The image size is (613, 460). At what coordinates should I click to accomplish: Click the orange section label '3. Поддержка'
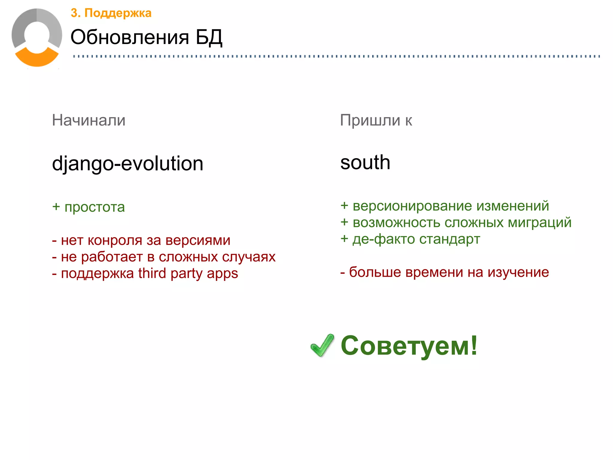point(111,13)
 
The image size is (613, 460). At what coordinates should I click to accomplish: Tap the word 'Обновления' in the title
point(130,37)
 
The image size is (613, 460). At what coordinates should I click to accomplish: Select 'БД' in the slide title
point(209,37)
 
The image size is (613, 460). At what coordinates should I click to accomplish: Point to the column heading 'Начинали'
point(89,120)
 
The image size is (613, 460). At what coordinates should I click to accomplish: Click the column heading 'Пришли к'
point(376,120)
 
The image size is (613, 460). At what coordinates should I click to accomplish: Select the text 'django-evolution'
point(128,164)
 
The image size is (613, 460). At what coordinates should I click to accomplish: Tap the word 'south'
point(365,162)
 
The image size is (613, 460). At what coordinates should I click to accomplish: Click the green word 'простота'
point(95,207)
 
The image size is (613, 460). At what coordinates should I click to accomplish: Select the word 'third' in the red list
point(152,273)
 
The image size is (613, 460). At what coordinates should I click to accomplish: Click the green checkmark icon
point(322,345)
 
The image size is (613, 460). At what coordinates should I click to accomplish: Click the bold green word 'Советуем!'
point(409,346)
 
